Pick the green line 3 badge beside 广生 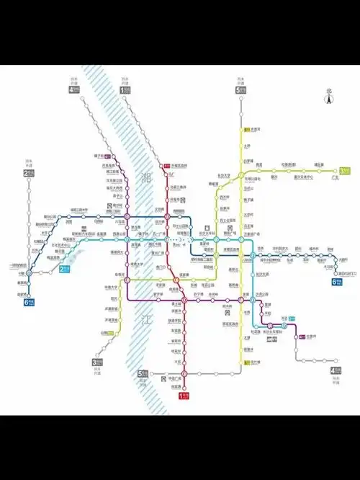coord(345,171)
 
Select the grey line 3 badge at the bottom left coord(96,363)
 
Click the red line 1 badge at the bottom coord(184,394)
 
